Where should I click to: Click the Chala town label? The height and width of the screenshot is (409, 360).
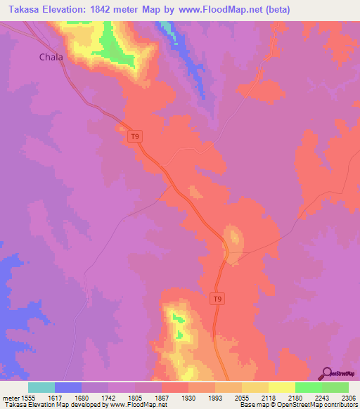pos(51,57)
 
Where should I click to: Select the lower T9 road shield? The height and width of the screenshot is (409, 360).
pos(219,299)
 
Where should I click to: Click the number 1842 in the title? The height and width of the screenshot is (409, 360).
pos(103,10)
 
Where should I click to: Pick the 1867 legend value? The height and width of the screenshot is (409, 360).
pos(162,397)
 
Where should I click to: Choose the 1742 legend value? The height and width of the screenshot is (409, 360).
pos(108,397)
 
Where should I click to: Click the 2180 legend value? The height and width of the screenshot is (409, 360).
pos(295,397)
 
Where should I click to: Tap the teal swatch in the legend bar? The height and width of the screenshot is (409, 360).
pos(41,387)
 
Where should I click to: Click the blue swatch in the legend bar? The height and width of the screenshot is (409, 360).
pos(68,387)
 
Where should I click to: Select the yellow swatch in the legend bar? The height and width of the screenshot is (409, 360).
pos(282,387)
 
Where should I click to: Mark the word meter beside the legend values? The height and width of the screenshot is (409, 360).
pos(10,397)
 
